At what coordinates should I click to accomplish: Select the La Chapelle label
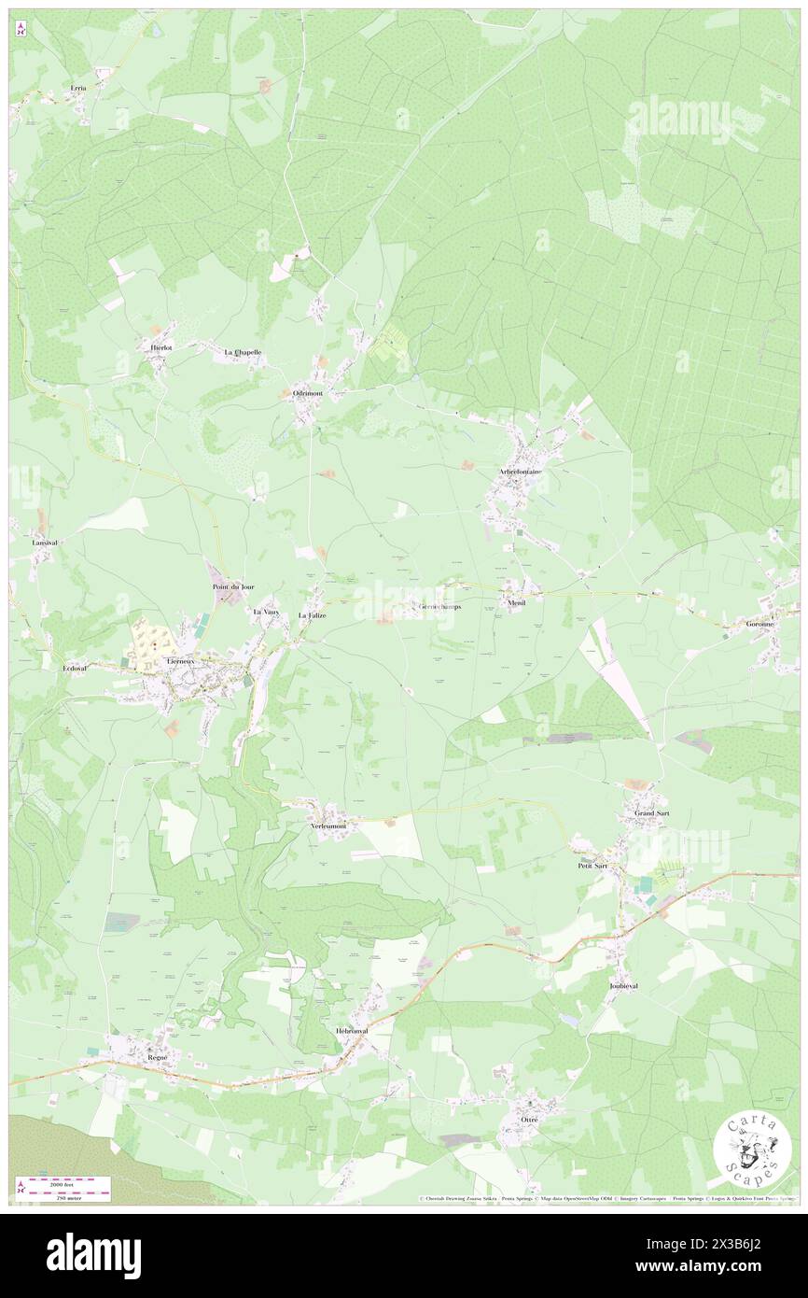(x=243, y=352)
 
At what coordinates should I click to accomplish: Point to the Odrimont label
(x=307, y=394)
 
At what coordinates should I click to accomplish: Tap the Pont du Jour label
(x=233, y=586)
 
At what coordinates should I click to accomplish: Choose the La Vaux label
(x=267, y=611)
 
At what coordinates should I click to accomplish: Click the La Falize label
(x=312, y=616)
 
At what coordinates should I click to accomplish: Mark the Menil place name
(x=517, y=603)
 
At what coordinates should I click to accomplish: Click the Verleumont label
(x=328, y=826)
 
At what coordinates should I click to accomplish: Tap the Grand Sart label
(x=650, y=813)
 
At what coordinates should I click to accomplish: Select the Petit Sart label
(x=592, y=866)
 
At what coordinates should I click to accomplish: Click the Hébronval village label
(x=352, y=1031)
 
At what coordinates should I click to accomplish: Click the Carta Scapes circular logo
(x=752, y=1150)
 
